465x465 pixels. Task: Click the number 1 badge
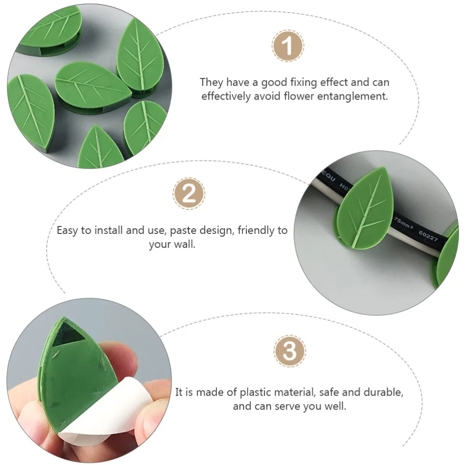(x=288, y=46)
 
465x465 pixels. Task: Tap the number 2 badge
(x=189, y=193)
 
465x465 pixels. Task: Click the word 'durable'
(x=383, y=392)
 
